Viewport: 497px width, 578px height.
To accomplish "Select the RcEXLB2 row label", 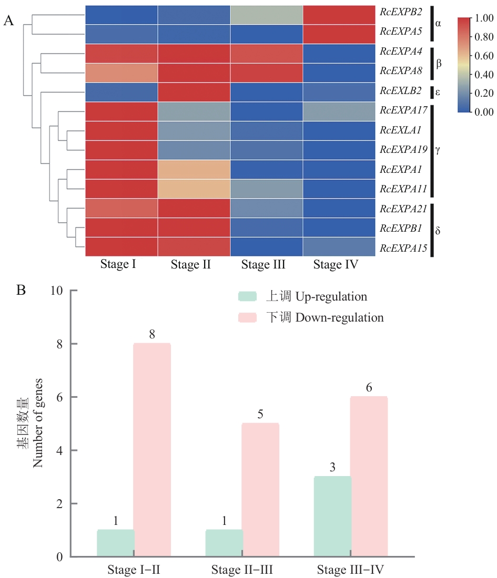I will tap(401, 90).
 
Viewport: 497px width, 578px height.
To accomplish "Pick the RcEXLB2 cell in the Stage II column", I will tap(194, 92).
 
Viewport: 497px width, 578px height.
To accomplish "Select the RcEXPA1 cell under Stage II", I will tap(194, 170).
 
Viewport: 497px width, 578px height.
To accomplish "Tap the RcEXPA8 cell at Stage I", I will tap(121, 73).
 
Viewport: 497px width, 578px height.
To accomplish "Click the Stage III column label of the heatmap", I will tap(263, 265).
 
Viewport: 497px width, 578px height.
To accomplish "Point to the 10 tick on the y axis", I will tap(57, 291).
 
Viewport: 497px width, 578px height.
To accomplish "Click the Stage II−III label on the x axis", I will tap(242, 570).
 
